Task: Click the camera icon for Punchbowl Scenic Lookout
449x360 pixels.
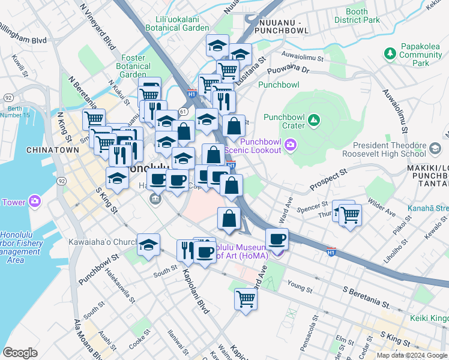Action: pyautogui.click(x=291, y=144)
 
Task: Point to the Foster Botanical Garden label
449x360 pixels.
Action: pyautogui.click(x=133, y=66)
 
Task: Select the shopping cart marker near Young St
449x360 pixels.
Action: pyautogui.click(x=246, y=298)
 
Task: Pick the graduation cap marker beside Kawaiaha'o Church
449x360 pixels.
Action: pyautogui.click(x=148, y=245)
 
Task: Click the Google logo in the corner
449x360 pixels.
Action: pyautogui.click(x=20, y=352)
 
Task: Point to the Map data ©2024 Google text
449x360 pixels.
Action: pyautogui.click(x=411, y=355)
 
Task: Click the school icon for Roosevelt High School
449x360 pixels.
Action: pyautogui.click(x=435, y=146)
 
